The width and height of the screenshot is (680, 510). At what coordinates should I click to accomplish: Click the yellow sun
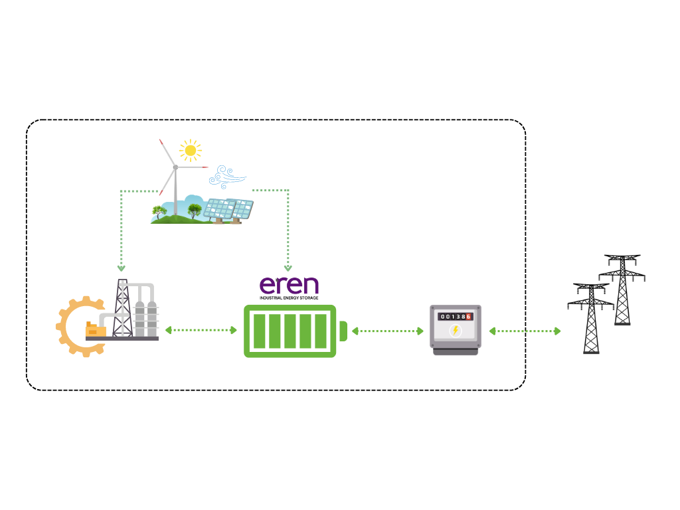click(x=191, y=151)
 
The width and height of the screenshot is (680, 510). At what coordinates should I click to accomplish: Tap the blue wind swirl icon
click(x=227, y=177)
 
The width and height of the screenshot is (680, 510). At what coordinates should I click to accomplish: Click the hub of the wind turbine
click(x=175, y=167)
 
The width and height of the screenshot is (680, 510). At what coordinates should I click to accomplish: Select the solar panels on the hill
click(x=228, y=211)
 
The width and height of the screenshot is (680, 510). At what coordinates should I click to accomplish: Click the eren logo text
click(x=289, y=286)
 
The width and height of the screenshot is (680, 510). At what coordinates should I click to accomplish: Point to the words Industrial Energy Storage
click(x=289, y=298)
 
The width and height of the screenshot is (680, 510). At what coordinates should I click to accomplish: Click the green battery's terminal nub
click(x=343, y=331)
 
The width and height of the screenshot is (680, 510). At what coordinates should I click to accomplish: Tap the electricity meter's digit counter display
click(x=456, y=317)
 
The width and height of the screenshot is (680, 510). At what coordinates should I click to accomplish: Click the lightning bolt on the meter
click(x=456, y=331)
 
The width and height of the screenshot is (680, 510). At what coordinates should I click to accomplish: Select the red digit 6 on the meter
click(x=468, y=317)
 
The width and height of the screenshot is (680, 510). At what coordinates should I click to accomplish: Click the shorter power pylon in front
click(x=591, y=319)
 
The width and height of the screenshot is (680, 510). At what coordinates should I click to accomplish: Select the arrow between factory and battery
click(x=201, y=331)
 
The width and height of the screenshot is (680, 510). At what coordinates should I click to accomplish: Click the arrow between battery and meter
click(x=388, y=331)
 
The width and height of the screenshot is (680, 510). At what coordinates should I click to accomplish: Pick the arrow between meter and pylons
click(x=525, y=331)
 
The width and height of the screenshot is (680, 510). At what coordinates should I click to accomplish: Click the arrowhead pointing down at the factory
click(x=122, y=268)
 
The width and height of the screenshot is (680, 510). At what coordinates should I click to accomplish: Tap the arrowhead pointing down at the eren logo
click(x=288, y=268)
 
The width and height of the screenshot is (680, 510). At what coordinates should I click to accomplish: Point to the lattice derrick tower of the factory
click(x=123, y=308)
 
